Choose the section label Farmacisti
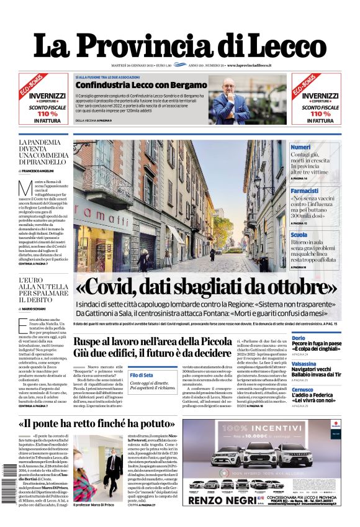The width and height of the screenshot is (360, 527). (x=305, y=191)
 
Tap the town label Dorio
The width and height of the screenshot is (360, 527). (x=299, y=338)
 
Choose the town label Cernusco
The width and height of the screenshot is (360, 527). (x=304, y=389)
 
